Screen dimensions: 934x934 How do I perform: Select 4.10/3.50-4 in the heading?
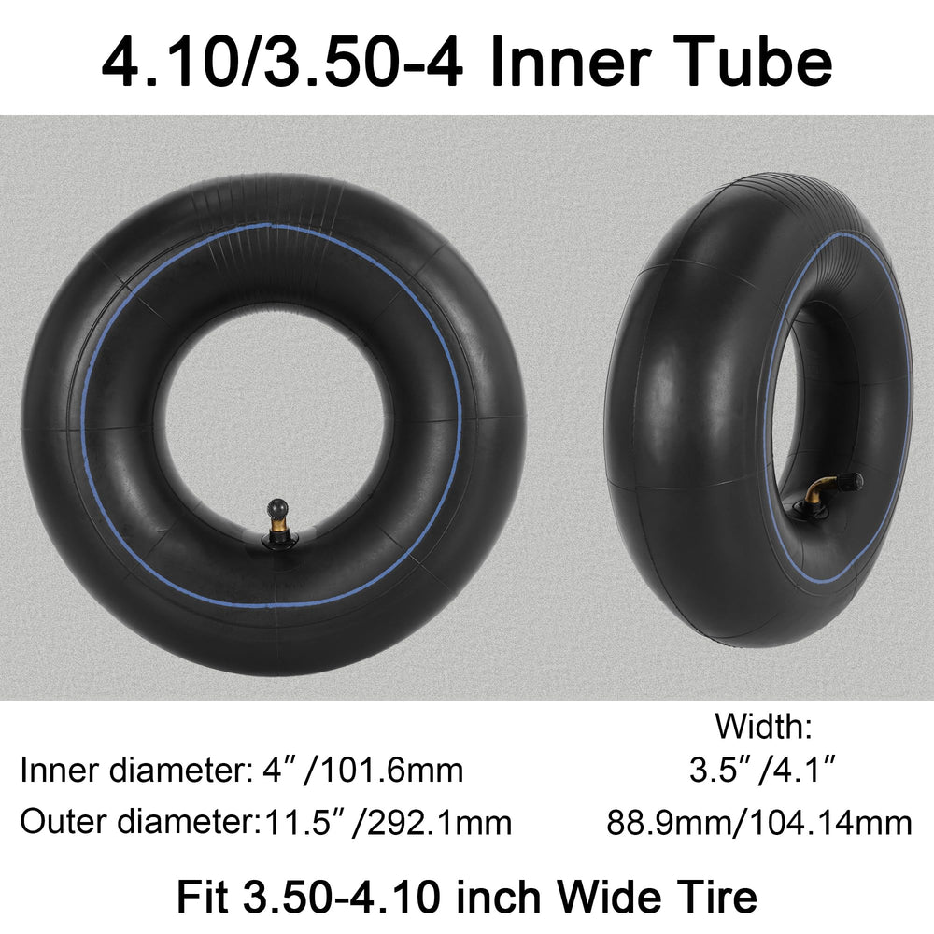click(x=282, y=63)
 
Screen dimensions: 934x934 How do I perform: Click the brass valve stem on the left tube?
click(x=277, y=522)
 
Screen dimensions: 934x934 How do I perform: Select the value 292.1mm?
click(x=440, y=823)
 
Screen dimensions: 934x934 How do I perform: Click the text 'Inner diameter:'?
click(x=134, y=771)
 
